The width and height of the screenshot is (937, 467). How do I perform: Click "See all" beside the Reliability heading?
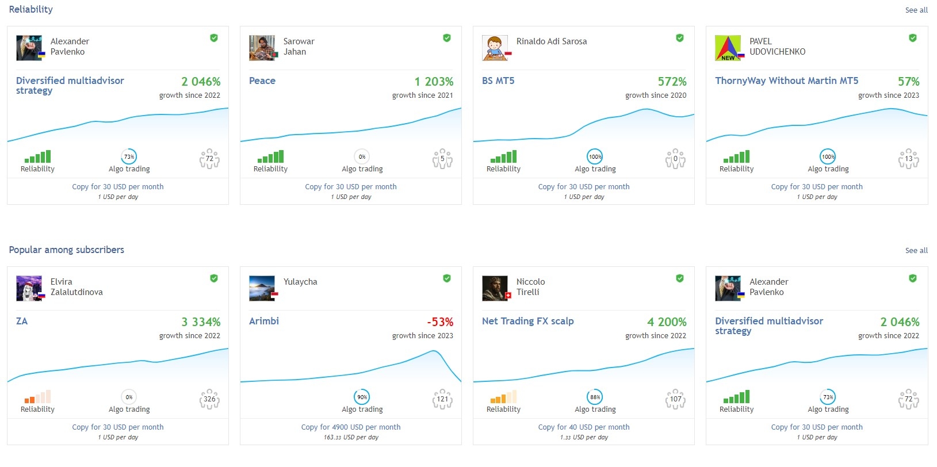pos(916,10)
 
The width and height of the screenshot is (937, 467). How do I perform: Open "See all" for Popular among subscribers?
pos(916,251)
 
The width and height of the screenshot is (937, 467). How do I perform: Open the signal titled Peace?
pos(262,81)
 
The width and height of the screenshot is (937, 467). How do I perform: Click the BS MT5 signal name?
pos(498,81)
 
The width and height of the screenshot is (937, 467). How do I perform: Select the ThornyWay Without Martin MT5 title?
pos(786,81)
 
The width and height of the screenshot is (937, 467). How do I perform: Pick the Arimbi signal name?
pos(264,321)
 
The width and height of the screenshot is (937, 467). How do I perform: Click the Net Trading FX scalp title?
pos(527,321)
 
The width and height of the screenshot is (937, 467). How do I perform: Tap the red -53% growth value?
pos(440,322)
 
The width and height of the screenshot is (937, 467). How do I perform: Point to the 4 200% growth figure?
pos(667,322)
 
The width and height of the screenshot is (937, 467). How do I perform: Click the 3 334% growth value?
pos(201,322)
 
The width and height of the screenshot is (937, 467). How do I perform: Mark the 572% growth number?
pos(672,82)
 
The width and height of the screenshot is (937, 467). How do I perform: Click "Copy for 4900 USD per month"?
pos(351,427)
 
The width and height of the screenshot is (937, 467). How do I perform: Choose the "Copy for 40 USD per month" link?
pos(584,427)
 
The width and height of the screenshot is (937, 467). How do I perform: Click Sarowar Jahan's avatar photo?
pos(262,48)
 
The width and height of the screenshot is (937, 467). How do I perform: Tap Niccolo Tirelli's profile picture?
pos(495,288)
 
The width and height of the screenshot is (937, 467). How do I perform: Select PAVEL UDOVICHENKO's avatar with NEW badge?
pos(728,48)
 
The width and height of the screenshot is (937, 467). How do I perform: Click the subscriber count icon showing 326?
pos(209,399)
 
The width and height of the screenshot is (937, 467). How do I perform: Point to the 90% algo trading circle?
pos(362,397)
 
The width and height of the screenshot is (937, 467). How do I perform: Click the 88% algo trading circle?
pos(595,397)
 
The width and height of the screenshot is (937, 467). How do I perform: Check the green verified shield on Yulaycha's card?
pos(447,278)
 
